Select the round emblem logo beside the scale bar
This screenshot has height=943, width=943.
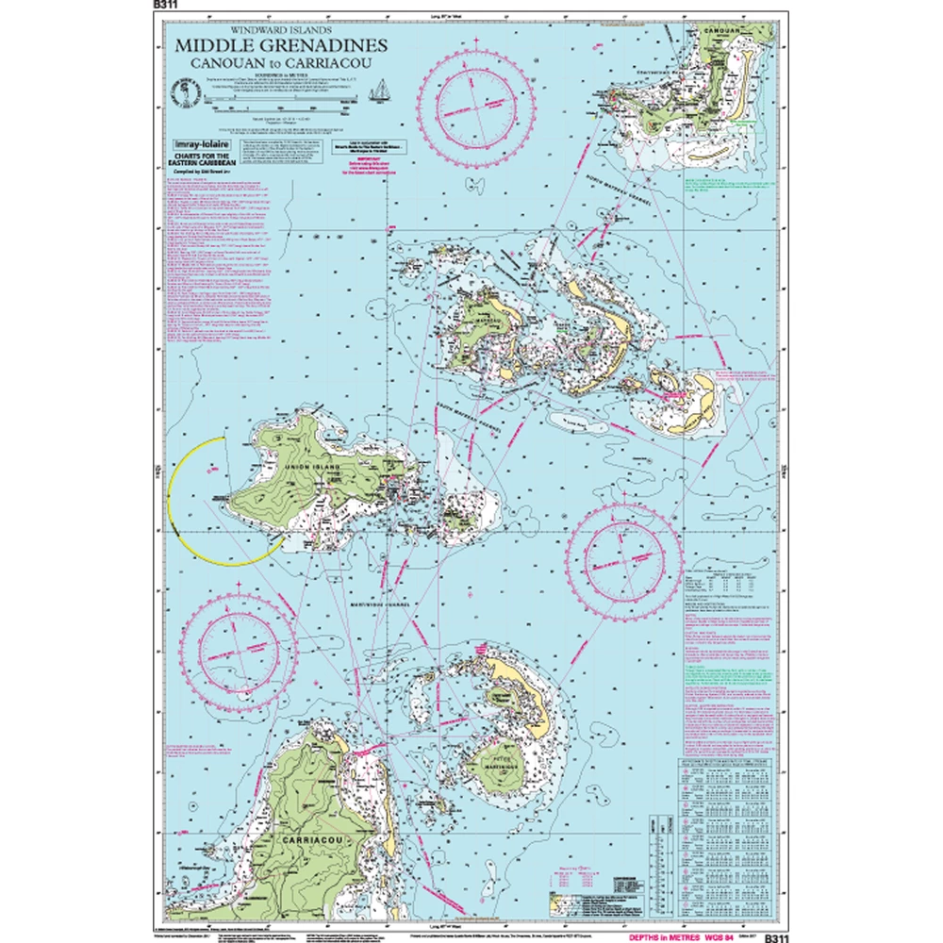click(176, 92)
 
